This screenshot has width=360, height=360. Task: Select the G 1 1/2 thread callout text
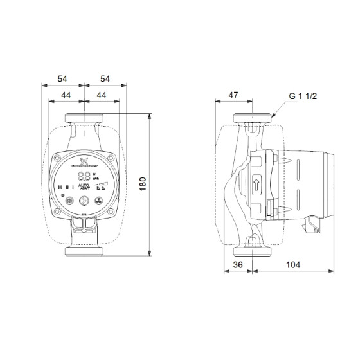(303, 97)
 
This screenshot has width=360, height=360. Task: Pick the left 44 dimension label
(66, 95)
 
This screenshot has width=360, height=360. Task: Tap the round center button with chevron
(84, 200)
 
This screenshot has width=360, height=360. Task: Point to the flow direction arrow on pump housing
(256, 183)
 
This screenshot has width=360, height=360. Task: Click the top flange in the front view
(85, 118)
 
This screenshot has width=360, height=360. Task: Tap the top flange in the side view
(253, 119)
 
